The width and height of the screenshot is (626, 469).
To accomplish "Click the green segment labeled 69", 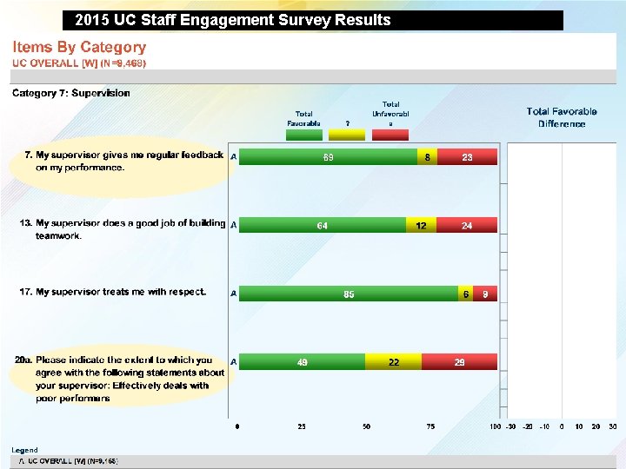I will click(328, 157).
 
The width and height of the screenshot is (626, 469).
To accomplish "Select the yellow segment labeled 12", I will click(421, 226).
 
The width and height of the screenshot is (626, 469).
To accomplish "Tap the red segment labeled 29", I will click(459, 362).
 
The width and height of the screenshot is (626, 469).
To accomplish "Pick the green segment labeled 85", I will click(349, 294).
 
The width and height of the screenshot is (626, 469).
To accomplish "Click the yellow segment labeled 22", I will click(393, 362).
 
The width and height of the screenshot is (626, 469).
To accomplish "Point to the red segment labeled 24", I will click(467, 226).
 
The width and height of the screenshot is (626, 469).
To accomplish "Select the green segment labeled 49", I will click(302, 362).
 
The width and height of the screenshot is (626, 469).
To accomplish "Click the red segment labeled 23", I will click(468, 157).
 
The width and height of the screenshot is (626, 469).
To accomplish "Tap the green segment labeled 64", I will click(323, 226).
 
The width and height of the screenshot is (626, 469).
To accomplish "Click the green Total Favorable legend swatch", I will click(303, 134).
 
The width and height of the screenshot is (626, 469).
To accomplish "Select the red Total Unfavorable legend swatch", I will click(390, 134).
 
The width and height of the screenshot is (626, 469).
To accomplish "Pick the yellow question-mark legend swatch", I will click(347, 134).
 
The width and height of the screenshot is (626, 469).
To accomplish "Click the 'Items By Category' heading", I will click(79, 48).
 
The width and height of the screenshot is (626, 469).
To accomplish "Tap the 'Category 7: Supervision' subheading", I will click(70, 93).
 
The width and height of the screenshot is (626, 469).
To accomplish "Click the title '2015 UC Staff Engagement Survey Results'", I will click(233, 20).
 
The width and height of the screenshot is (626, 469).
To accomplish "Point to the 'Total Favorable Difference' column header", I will click(562, 117).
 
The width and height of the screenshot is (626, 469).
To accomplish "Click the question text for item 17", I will click(113, 292).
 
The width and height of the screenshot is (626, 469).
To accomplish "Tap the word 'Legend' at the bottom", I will click(24, 450).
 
